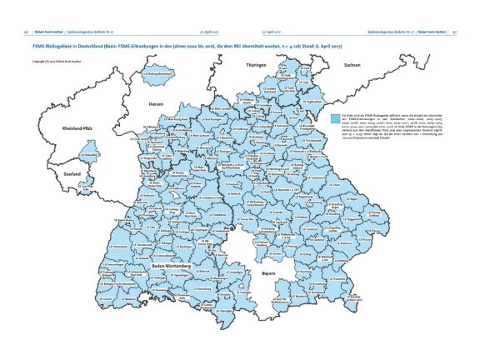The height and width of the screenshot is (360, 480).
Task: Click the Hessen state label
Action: [155, 104]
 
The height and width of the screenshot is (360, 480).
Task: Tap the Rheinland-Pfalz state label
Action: [77, 129]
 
